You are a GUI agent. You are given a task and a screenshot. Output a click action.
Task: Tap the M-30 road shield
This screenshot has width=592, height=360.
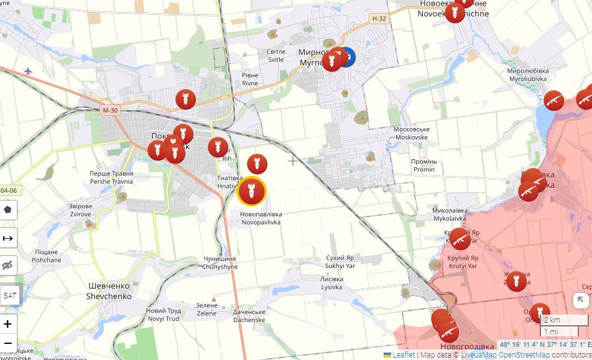109,110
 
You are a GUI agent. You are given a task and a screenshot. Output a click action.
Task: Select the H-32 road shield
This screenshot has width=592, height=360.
379,19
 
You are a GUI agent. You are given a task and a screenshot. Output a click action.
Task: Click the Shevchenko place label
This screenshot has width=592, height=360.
109,292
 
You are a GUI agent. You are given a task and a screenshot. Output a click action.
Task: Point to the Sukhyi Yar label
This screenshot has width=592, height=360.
340,262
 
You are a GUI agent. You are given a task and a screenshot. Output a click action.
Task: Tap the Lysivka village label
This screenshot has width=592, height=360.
331,284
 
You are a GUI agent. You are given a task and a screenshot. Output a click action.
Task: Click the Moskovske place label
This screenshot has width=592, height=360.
411,134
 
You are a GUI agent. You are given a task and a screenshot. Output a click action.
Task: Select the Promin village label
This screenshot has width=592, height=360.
423,166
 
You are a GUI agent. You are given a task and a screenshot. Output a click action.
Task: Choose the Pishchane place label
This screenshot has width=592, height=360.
47,256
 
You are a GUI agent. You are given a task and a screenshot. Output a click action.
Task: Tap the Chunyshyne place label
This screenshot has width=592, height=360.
220,263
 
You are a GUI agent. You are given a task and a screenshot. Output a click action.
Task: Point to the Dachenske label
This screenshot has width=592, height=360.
249,316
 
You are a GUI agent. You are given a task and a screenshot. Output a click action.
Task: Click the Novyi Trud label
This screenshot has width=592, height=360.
163,315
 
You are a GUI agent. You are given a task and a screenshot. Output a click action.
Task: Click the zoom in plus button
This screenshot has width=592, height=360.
8,324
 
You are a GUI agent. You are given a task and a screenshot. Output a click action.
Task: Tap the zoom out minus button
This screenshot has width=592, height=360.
8,343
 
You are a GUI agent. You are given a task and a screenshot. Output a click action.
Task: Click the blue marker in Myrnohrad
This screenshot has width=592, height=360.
345,58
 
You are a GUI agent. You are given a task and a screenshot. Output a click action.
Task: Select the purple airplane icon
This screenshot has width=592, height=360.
28,71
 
